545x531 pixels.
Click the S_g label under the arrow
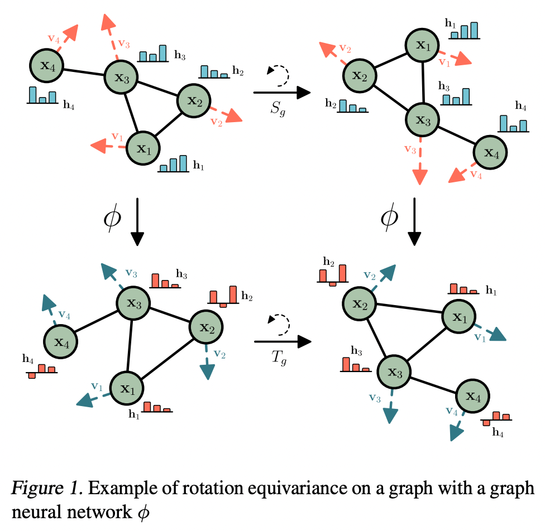(x=278, y=108)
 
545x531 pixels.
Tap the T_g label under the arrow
(x=279, y=358)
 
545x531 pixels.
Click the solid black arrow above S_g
(x=282, y=93)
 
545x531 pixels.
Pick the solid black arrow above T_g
(x=283, y=342)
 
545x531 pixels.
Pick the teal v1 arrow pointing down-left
(x=93, y=399)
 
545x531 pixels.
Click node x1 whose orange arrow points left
(x=143, y=148)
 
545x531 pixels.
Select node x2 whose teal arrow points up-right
(x=360, y=303)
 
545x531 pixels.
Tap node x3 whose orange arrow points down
(x=423, y=120)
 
